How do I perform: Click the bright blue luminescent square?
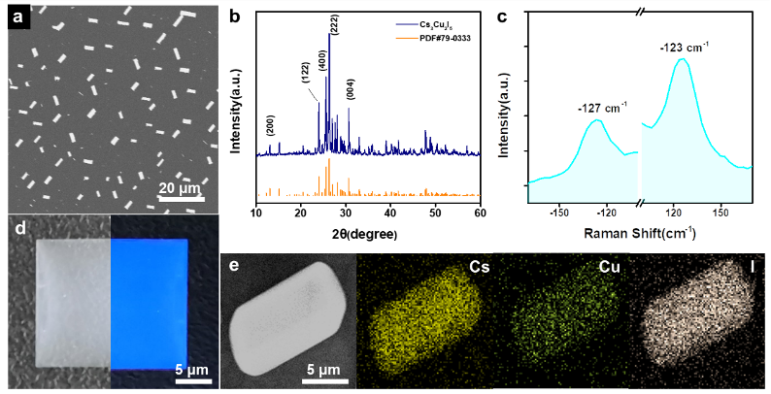click(149, 304)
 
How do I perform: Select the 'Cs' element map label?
click(479, 266)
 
